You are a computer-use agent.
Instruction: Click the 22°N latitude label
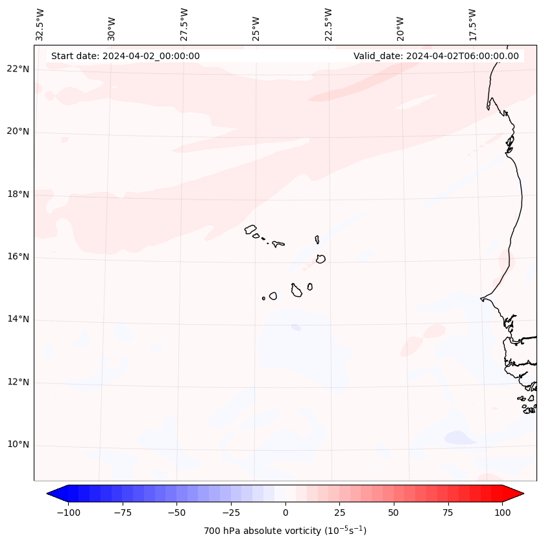tap(18, 70)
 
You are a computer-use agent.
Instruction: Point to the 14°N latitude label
tap(18, 320)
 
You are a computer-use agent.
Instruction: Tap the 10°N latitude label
tap(18, 445)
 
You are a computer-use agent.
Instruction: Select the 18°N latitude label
tap(18, 194)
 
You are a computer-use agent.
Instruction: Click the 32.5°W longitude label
tap(40, 24)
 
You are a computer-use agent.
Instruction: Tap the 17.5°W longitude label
tap(472, 24)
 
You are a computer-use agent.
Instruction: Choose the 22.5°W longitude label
tap(328, 24)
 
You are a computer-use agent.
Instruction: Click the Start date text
tap(125, 56)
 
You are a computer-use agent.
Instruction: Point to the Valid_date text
tap(436, 56)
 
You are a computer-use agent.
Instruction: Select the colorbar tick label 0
tap(285, 513)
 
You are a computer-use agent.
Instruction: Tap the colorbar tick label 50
tap(394, 513)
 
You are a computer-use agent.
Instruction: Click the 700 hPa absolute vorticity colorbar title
tap(285, 531)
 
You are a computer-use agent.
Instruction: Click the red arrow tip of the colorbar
tap(519, 494)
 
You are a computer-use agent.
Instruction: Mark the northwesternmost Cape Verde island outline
tap(250, 229)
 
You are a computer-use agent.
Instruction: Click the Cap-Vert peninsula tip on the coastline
tap(481, 299)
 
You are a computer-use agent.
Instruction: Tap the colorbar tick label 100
tap(501, 513)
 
